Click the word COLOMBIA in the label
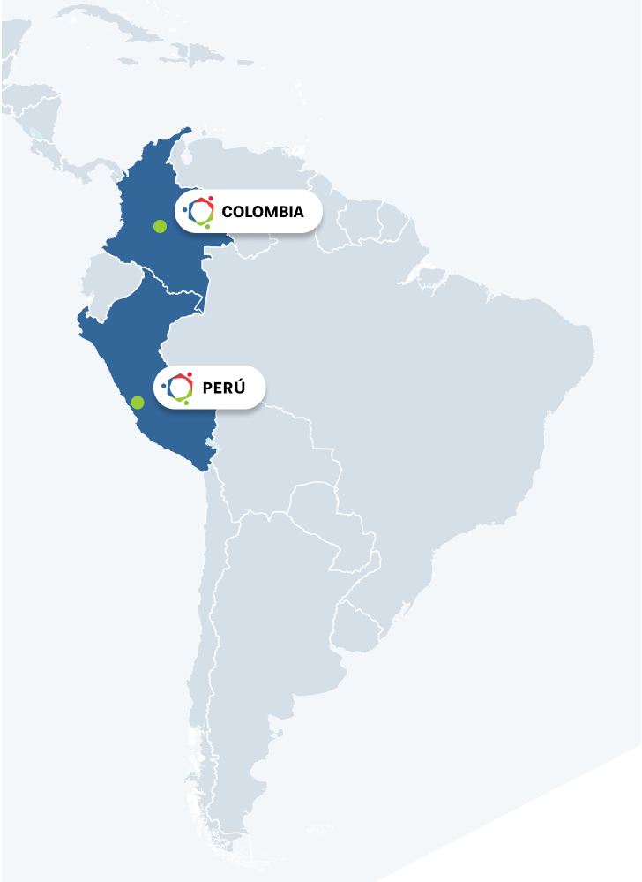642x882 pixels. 263,212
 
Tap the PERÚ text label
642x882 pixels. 222,388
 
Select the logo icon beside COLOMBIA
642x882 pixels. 200,211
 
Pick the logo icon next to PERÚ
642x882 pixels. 179,388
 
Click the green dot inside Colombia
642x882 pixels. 160,227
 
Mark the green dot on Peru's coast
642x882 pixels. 138,403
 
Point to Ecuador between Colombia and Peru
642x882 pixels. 109,283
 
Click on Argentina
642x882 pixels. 256,671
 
